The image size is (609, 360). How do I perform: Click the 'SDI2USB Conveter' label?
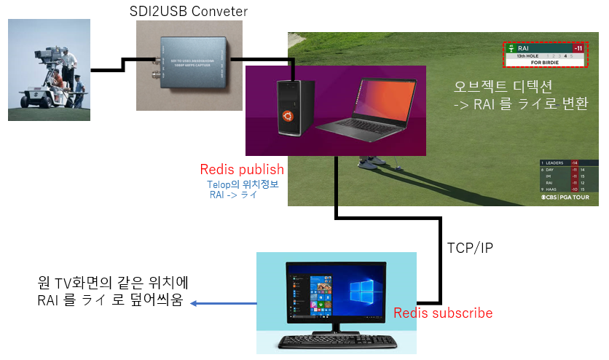coord(188,11)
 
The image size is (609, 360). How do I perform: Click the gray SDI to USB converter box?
coord(188,66)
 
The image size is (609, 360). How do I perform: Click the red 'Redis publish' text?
coord(242,170)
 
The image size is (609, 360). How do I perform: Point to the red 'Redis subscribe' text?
coord(443,313)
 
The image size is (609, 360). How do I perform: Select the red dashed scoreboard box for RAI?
coord(544,55)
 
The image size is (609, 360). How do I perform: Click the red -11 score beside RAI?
coord(578,48)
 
